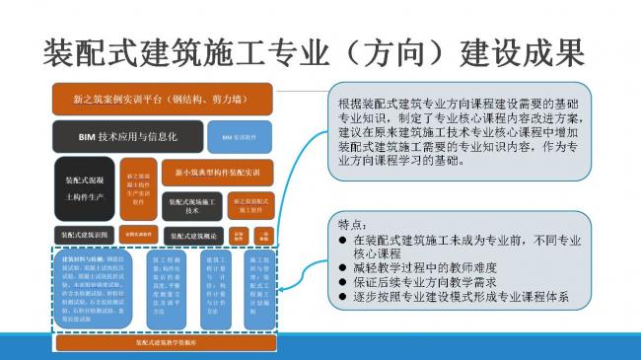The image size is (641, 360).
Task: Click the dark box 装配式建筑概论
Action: (193, 236)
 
